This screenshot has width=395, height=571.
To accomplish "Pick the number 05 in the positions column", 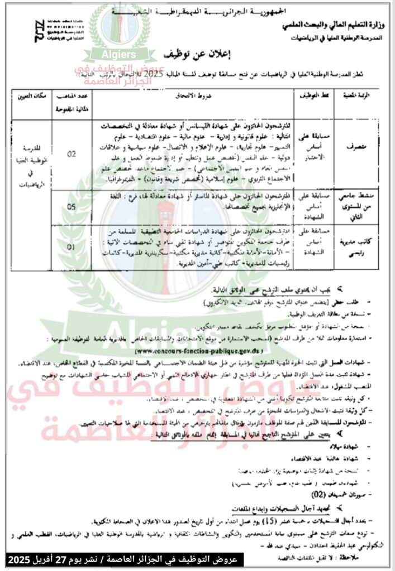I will point(72,206).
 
